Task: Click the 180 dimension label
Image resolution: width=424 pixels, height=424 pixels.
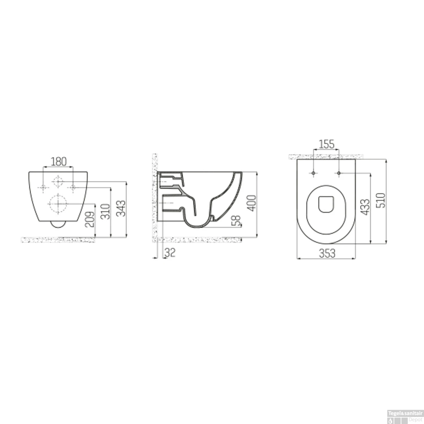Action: (x=59, y=162)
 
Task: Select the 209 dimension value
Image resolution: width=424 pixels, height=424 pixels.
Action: (x=90, y=220)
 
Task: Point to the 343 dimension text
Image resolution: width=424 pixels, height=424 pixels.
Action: (x=121, y=208)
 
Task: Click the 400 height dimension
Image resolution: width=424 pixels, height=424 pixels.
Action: (x=252, y=203)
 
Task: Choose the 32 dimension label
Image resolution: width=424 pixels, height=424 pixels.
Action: (x=170, y=252)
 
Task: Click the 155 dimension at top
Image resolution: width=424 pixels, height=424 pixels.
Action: (x=326, y=144)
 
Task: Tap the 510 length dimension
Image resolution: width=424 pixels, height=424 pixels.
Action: (x=381, y=200)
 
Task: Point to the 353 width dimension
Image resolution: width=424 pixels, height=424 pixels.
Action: (x=327, y=253)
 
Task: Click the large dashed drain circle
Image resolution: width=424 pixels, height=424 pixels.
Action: (x=58, y=204)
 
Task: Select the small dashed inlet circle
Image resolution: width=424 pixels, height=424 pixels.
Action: (x=58, y=181)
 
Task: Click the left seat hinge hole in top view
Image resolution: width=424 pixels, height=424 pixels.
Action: (x=313, y=173)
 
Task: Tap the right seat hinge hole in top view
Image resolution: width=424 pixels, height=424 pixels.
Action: (x=339, y=173)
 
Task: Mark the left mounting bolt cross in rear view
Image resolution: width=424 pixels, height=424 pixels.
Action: (x=43, y=187)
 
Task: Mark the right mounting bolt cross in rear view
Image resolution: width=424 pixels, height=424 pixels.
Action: (x=73, y=187)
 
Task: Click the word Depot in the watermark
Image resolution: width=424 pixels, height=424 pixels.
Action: (x=415, y=419)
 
